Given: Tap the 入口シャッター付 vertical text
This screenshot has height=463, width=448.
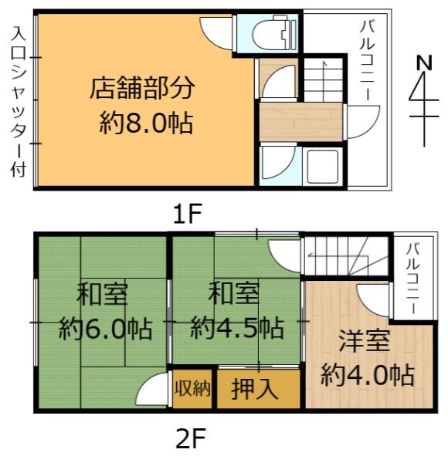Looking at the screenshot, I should click(18, 100).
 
